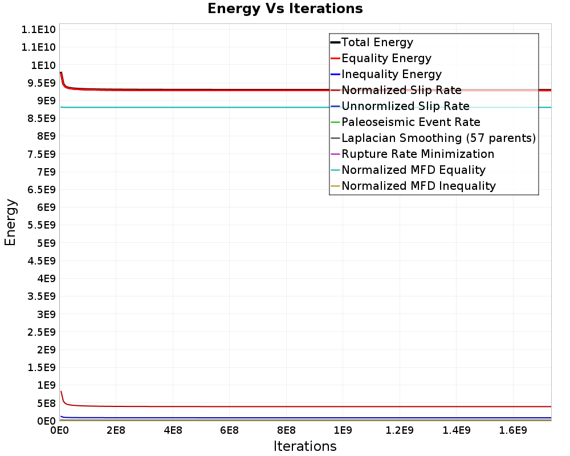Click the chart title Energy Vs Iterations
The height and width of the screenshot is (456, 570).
285,9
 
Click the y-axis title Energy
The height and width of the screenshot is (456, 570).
10,222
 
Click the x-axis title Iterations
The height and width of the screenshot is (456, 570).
305,446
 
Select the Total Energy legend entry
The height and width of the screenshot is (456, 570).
377,42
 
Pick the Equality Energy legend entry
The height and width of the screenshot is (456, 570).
386,58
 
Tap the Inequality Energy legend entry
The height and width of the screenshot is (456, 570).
391,74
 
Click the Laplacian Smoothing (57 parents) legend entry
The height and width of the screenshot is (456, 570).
438,138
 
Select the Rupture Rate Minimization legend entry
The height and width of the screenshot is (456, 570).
417,154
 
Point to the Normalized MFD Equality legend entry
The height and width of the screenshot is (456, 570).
413,170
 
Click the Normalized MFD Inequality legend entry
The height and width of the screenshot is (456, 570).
418,186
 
